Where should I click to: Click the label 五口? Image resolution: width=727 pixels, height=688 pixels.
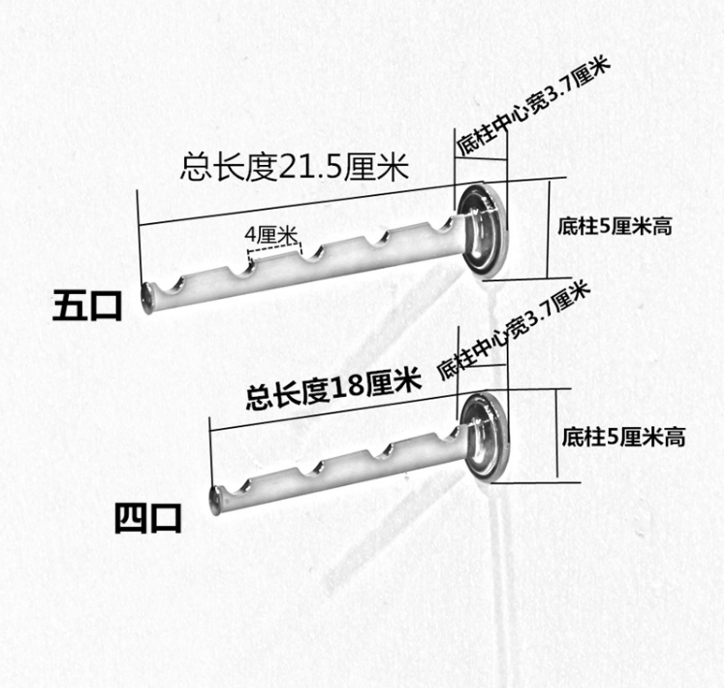tap(87, 308)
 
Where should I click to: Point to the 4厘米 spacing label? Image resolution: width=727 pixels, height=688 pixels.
tap(270, 235)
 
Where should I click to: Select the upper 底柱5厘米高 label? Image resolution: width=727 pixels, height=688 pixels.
tap(616, 227)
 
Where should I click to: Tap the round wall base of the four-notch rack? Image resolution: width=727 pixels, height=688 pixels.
tap(485, 437)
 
